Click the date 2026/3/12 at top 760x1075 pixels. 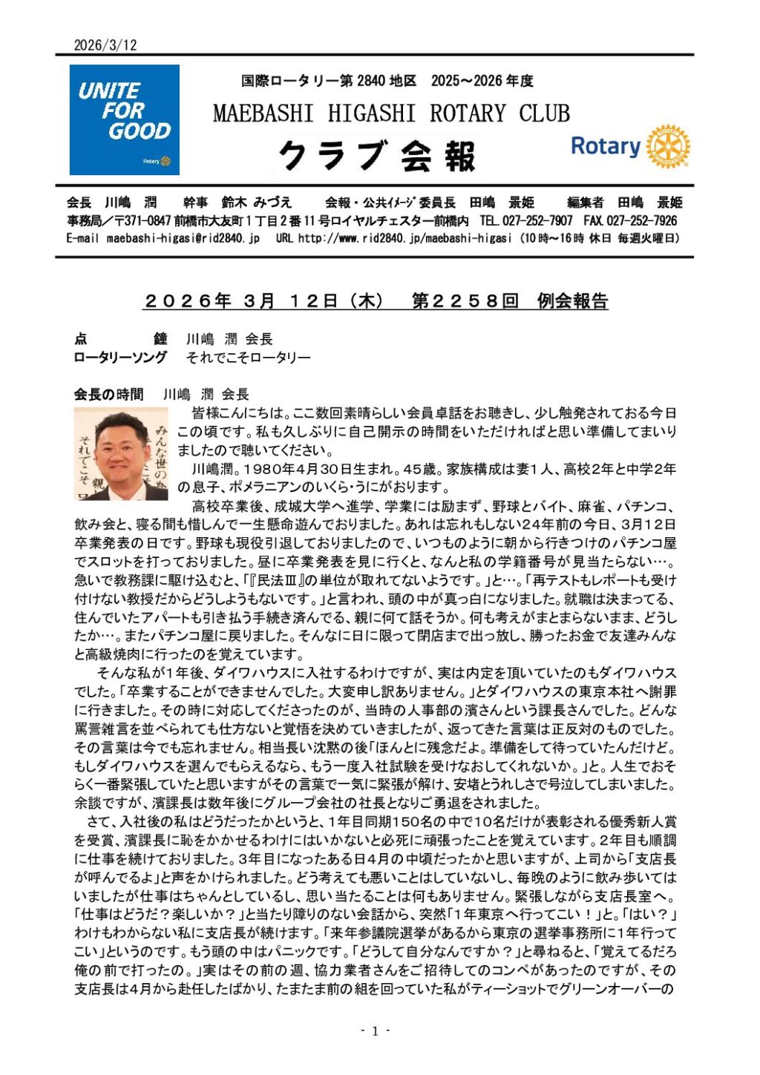click(105, 45)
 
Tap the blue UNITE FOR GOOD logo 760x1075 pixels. click(124, 119)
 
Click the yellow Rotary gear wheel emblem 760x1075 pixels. click(667, 146)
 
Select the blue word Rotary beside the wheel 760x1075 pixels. click(605, 146)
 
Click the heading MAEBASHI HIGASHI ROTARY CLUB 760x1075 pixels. click(391, 114)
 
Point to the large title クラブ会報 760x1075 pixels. click(377, 156)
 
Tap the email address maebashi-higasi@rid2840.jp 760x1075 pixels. click(183, 238)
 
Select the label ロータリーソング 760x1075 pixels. click(120, 358)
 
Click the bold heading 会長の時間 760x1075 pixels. click(108, 395)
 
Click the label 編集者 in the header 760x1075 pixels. click(585, 203)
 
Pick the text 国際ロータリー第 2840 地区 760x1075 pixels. click(329, 81)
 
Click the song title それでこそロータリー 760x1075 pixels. click(248, 358)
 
